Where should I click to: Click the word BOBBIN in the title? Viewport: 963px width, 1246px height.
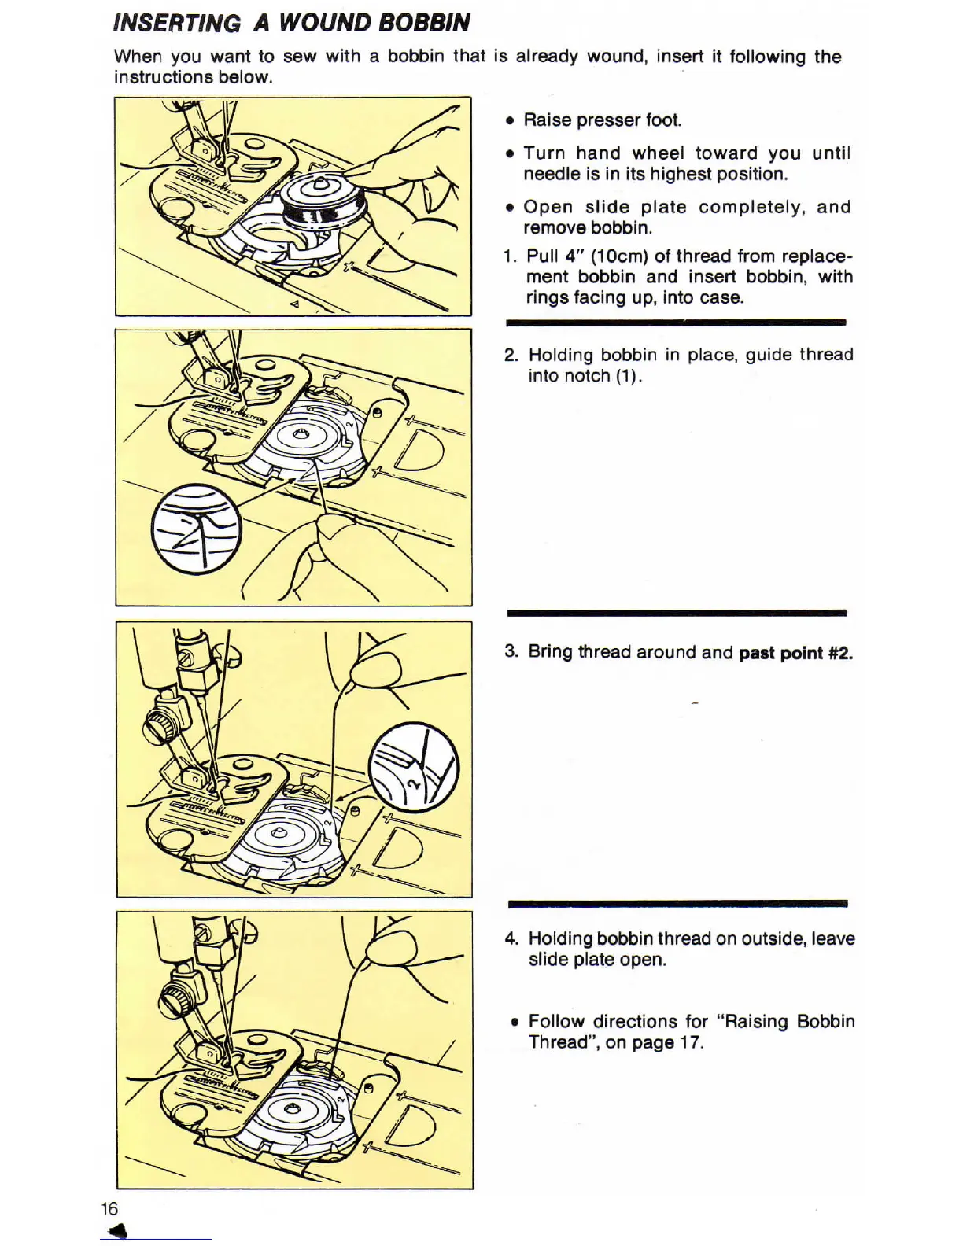point(425,22)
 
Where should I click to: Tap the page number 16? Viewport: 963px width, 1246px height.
point(109,1209)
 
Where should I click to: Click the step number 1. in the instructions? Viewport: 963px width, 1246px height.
point(510,256)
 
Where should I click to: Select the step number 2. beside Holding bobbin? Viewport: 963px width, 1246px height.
point(511,355)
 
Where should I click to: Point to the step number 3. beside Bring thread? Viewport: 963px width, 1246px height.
point(511,652)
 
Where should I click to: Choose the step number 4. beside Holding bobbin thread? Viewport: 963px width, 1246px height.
point(511,938)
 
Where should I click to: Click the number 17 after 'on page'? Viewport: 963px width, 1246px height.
point(692,1043)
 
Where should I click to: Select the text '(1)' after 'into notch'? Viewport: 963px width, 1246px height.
point(628,376)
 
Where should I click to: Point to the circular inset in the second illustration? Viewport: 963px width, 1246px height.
point(197,528)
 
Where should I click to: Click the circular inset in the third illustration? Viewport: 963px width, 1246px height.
point(414,767)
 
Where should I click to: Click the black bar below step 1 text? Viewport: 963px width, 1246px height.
point(675,323)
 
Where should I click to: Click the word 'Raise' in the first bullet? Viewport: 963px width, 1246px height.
point(548,120)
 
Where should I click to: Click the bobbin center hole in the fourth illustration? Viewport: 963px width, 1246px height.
point(291,1109)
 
